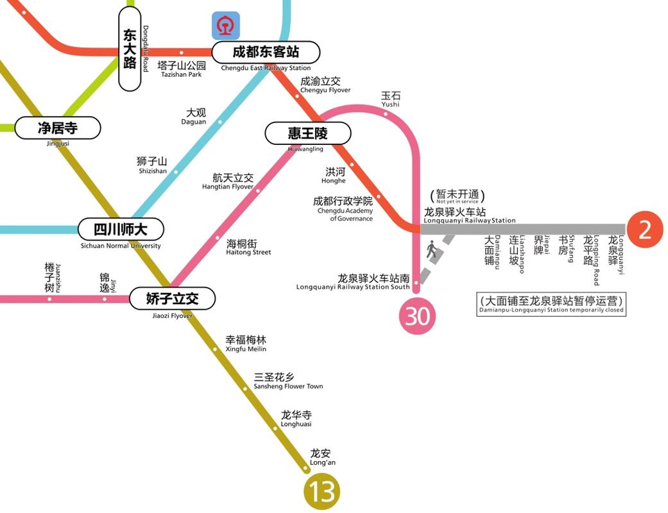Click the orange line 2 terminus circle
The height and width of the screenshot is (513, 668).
pos(644,230)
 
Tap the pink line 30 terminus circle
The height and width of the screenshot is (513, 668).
pos(418,316)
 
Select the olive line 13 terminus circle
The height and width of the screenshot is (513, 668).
pos(321,492)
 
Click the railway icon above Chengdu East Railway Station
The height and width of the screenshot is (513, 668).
pos(226,26)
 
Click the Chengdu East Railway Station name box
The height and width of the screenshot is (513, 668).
pos(266,52)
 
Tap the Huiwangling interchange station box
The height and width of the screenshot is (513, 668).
pos(308,133)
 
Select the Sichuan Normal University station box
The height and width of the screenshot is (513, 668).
pos(121,229)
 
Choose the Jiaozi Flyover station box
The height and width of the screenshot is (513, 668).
pos(172,298)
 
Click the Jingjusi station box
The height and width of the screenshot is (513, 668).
pos(58,128)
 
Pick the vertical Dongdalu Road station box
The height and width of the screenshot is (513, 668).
pos(130,49)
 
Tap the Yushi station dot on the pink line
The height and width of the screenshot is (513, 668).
pos(386,114)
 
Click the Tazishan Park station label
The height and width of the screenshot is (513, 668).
pos(182,69)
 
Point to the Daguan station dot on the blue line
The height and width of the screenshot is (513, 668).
pos(219,122)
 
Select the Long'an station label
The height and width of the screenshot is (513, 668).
pos(322,457)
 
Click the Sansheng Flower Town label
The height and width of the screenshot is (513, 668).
pos(288,381)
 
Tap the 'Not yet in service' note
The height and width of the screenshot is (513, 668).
pos(457,197)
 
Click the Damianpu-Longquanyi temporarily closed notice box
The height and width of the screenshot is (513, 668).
pos(551,304)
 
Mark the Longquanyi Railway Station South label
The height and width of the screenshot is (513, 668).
pos(353,282)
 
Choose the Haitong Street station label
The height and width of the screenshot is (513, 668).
pos(248,248)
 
